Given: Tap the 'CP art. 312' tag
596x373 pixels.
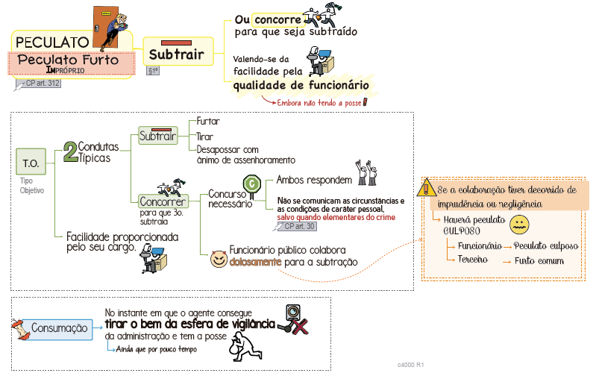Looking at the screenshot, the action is coord(42,83).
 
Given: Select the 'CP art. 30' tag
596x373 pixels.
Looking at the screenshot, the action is coord(300,226).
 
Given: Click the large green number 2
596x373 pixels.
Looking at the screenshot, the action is coord(70,152).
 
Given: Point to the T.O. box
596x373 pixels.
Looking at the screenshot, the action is coord(31,162).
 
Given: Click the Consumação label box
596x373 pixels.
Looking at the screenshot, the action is coord(60,328).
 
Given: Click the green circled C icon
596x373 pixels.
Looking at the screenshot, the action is coord(252,182).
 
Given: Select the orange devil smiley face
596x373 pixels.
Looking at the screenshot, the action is coord(218,257).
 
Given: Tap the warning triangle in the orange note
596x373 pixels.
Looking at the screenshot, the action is coord(428,189).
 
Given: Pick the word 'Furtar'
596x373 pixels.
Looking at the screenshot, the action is coord(208,121).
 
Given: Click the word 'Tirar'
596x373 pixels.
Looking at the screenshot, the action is coord(205,137).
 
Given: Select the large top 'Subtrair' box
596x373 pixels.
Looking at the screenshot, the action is coord(177,54).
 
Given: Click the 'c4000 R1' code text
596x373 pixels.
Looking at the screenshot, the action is coord(411,365).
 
